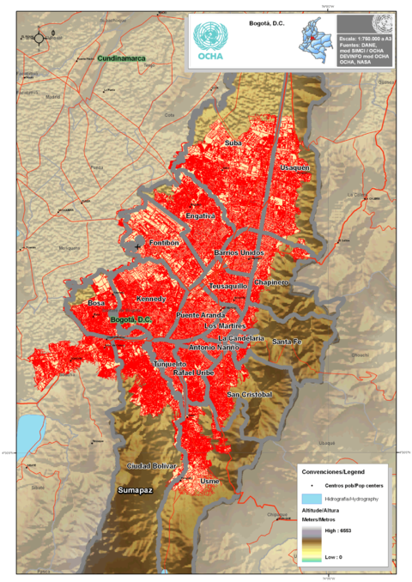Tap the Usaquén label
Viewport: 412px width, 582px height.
[x=294, y=167]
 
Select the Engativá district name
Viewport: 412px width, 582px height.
[x=199, y=216]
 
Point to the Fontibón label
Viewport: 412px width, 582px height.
[x=163, y=243]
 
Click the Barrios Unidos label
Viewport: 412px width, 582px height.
[x=239, y=253]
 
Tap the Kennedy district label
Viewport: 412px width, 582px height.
[x=151, y=299]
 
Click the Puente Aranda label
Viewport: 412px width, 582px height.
[x=200, y=316]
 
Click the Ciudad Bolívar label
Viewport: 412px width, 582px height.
[x=151, y=465]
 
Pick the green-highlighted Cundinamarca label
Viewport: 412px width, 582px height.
[x=121, y=58]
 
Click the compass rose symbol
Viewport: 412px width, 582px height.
[x=39, y=37]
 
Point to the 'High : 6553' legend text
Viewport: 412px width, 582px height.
[x=337, y=530]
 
